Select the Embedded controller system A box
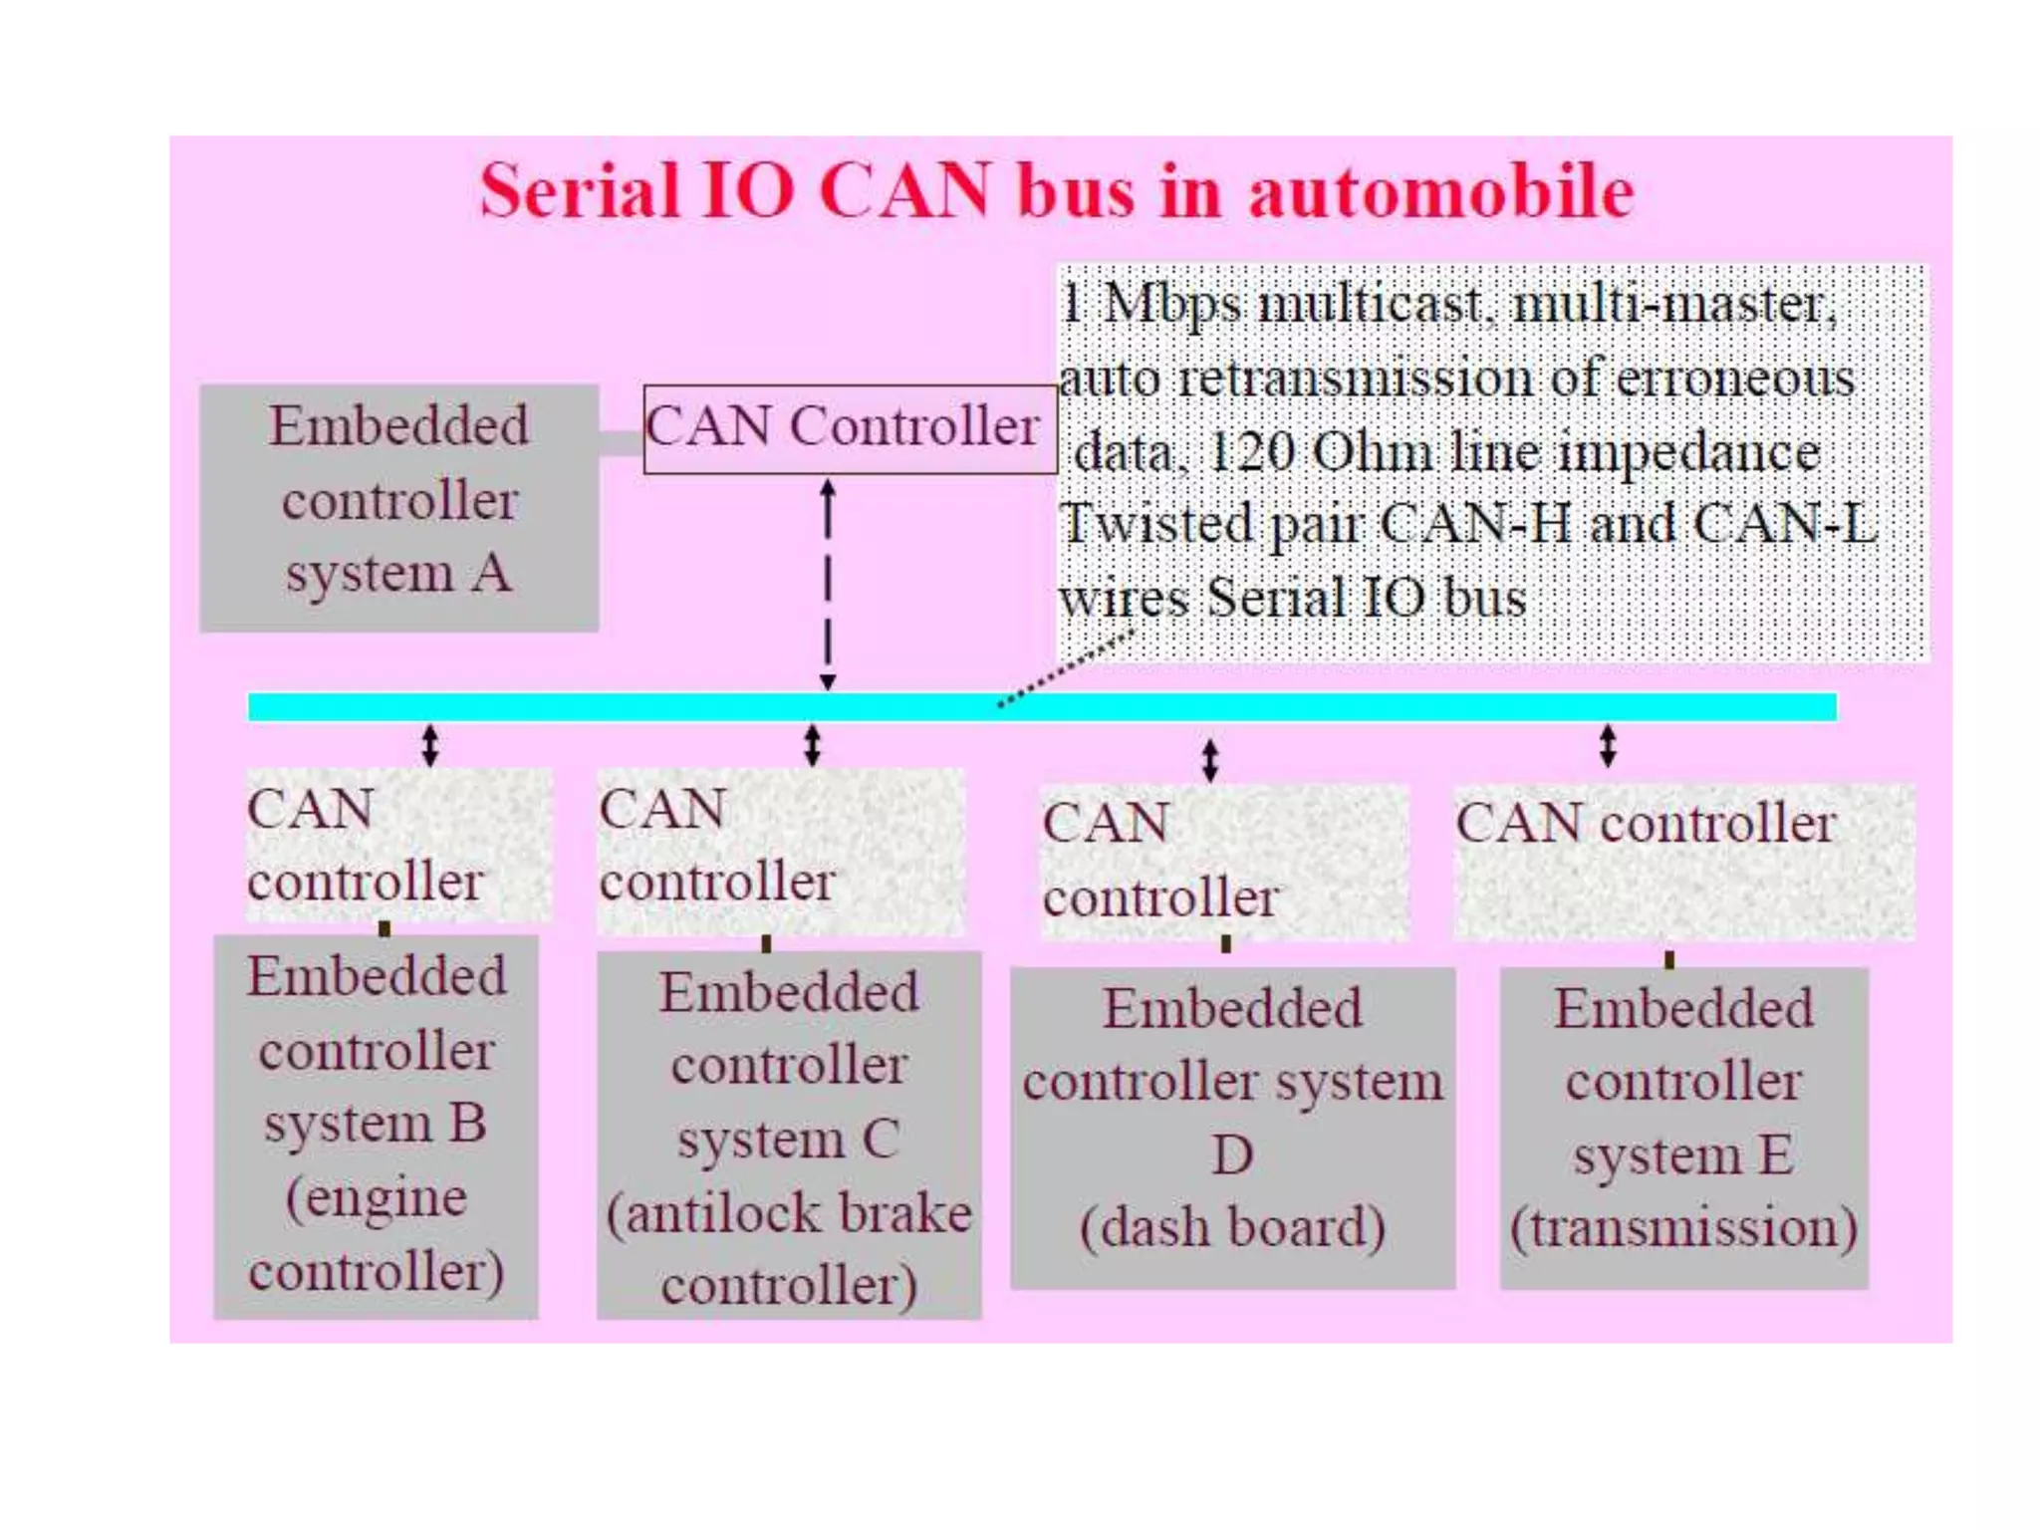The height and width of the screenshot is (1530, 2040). click(x=398, y=508)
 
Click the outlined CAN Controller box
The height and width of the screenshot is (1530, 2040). click(x=849, y=428)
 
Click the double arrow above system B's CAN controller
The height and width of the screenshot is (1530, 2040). click(x=429, y=745)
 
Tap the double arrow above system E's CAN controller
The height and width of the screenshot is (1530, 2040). click(x=1607, y=745)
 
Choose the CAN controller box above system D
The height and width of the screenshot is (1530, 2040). click(x=1224, y=862)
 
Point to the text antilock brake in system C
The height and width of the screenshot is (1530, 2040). click(x=789, y=1213)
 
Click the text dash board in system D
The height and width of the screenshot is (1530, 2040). click(x=1232, y=1227)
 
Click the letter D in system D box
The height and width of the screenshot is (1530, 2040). click(x=1232, y=1155)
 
